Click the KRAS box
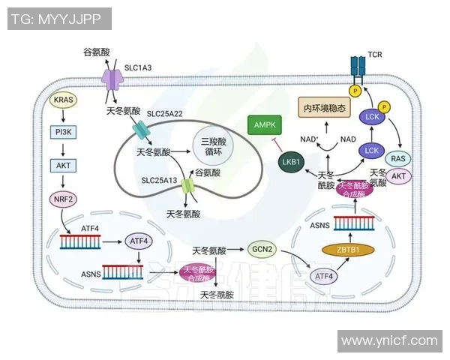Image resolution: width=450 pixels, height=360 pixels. click(64, 100)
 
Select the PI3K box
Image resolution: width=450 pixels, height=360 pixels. click(64, 132)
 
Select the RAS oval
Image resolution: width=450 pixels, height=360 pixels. click(398, 158)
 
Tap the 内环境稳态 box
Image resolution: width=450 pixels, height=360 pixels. click(325, 108)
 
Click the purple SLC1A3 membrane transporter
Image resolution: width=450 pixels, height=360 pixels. click(113, 77)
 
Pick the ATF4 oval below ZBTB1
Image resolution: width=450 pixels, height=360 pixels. click(322, 276)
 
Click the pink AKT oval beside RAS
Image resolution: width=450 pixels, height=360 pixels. click(400, 176)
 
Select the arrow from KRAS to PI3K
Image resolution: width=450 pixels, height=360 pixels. click(64, 115)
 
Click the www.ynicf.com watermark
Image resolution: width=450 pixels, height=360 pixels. click(388, 341)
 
